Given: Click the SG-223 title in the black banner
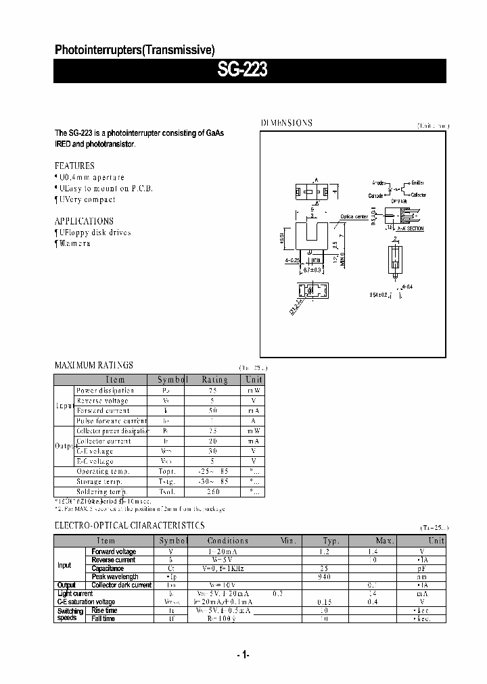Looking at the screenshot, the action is (x=242, y=71).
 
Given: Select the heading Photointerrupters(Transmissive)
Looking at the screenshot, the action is (x=134, y=49).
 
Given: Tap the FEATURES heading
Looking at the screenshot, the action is (x=74, y=166).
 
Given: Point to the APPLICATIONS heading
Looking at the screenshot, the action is (x=84, y=221).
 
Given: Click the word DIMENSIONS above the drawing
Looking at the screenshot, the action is (x=287, y=123).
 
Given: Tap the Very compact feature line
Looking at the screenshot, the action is (x=87, y=199).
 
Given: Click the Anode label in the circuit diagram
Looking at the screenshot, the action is (x=377, y=182).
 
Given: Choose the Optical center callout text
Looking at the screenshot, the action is (x=354, y=217).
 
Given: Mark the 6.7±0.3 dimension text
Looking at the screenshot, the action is (x=312, y=270).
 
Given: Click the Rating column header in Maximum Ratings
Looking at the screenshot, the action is (x=215, y=380).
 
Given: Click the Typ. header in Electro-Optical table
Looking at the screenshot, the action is (x=330, y=541).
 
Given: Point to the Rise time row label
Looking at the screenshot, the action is (x=106, y=610).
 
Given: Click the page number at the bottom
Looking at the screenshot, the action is (x=243, y=654).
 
